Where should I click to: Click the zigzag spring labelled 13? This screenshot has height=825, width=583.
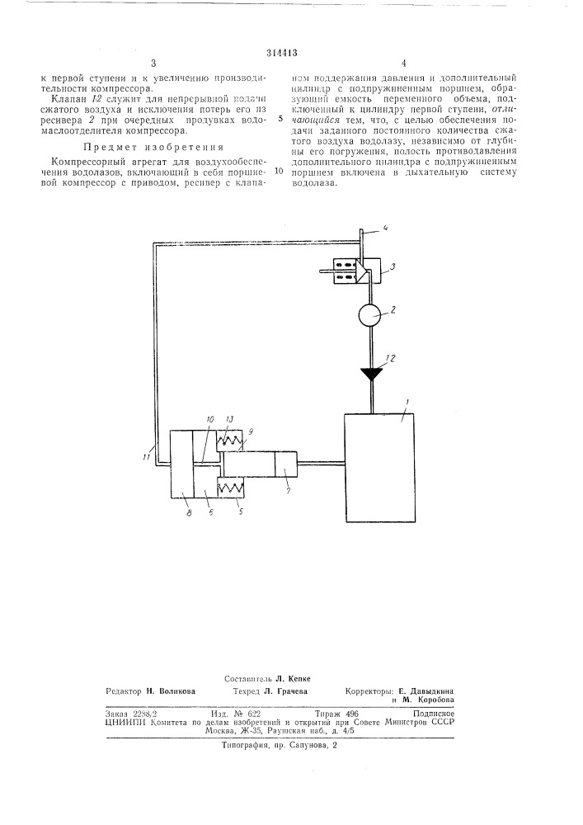[x=230, y=441]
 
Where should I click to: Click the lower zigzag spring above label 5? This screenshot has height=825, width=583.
[x=231, y=488]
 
